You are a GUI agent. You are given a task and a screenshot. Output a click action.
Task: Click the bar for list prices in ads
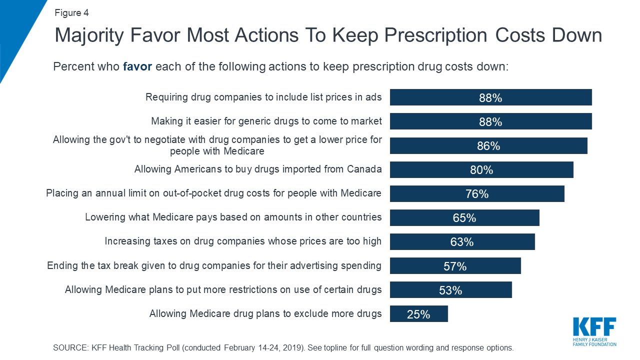tap(490, 97)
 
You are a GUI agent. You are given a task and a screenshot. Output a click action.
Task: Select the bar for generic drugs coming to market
tap(490, 121)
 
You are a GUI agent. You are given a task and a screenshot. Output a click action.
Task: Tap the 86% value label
tap(488, 146)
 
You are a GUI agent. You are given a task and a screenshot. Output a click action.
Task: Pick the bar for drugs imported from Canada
tap(481, 169)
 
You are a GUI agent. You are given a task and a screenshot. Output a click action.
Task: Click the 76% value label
tap(477, 194)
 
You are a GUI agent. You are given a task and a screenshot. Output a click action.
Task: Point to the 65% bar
tap(464, 217)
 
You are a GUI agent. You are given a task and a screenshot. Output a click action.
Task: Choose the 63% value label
tap(462, 242)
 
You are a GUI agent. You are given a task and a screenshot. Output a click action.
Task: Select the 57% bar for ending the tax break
tap(455, 265)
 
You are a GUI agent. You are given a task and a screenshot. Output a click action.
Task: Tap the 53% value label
tap(450, 290)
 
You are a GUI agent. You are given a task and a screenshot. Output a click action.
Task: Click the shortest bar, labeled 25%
tap(418, 313)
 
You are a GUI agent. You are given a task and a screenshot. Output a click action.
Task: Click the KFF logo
tap(594, 330)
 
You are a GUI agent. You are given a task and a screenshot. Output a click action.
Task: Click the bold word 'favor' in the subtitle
tap(137, 66)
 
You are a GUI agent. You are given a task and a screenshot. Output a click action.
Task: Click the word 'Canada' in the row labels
tap(364, 169)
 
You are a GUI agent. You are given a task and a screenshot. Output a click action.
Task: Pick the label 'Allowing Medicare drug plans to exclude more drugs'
tap(265, 314)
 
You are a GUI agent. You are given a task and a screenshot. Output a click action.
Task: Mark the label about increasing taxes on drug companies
tap(243, 241)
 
